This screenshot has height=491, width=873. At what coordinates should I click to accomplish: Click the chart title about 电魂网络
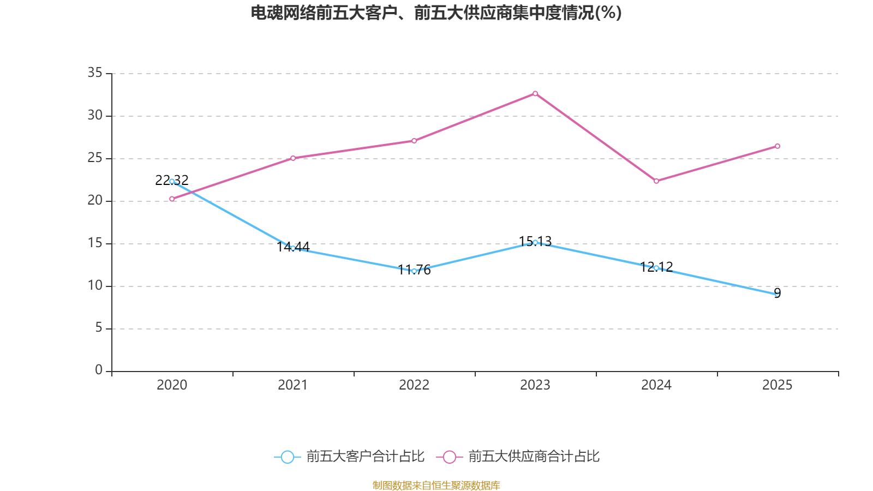coord(436,13)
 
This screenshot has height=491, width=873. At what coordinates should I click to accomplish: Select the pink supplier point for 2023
coord(535,94)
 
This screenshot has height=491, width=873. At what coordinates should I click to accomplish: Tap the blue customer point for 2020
coord(172,181)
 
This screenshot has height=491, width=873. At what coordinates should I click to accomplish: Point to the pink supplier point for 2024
coord(656,181)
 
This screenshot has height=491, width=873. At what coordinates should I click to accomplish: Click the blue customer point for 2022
coord(414,271)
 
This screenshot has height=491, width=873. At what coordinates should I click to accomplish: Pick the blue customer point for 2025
coord(778,294)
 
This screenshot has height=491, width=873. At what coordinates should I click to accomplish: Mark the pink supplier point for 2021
coord(293,158)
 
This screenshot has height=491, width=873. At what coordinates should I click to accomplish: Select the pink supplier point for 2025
coord(778,146)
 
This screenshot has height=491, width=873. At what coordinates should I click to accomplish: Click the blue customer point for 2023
coord(535,242)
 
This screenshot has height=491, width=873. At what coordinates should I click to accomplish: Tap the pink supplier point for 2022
coord(414,141)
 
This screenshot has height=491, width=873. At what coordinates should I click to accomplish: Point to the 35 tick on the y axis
coord(95,73)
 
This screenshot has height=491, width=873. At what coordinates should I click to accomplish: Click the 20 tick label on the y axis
coord(95,201)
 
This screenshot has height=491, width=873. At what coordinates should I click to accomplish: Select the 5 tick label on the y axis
coord(99,328)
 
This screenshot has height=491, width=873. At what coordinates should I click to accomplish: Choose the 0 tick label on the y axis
coord(99,370)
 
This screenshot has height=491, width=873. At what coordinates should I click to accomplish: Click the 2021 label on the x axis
coord(293,385)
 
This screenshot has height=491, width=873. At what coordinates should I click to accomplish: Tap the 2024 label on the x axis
coord(656,385)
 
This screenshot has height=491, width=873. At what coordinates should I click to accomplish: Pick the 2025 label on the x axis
coord(778,385)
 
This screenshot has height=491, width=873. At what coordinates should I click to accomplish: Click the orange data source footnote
coord(436,485)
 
